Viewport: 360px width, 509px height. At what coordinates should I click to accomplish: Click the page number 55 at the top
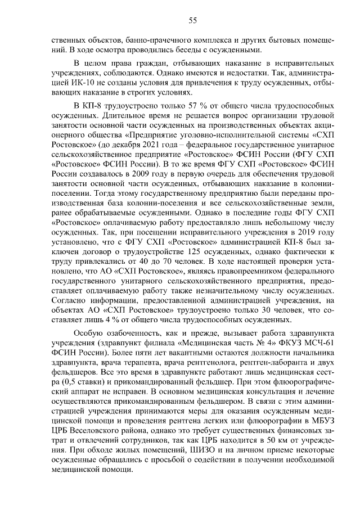pyautogui.click(x=192, y=21)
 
